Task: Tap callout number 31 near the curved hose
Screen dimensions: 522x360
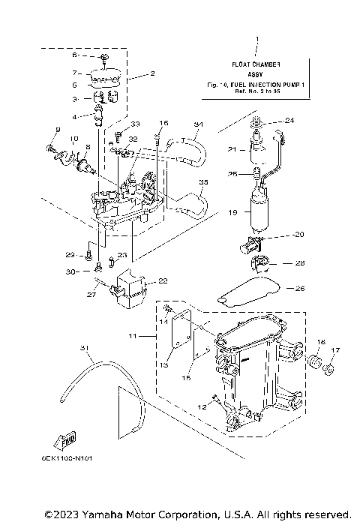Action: pyautogui.click(x=83, y=347)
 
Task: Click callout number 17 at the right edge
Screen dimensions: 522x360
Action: pyautogui.click(x=335, y=350)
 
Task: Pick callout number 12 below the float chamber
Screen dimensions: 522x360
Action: pyautogui.click(x=201, y=405)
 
